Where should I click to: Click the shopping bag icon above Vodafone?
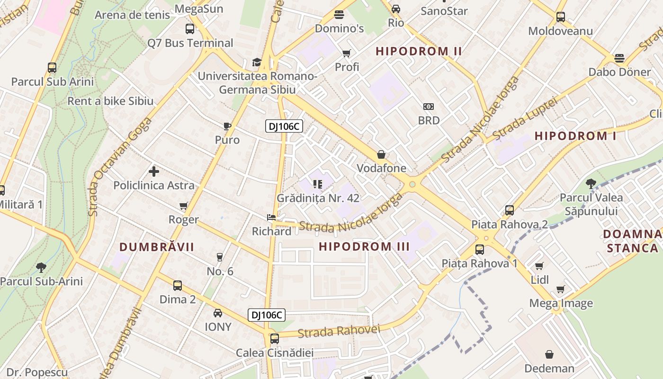381,154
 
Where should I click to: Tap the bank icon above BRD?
429,107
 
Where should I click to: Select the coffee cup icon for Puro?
227,126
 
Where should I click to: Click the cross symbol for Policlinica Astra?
154,171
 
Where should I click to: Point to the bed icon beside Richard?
271,217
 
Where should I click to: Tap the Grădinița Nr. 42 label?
318,198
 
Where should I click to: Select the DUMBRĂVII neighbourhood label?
157,247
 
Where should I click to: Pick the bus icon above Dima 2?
178,286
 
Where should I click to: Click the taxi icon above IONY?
218,313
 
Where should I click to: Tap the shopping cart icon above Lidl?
539,266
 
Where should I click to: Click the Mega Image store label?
561,303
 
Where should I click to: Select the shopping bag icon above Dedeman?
549,354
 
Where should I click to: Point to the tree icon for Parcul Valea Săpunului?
591,183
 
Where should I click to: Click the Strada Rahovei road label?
339,331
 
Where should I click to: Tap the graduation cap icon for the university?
257,62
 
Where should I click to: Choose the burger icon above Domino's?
339,15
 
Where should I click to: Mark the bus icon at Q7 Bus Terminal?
190,29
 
